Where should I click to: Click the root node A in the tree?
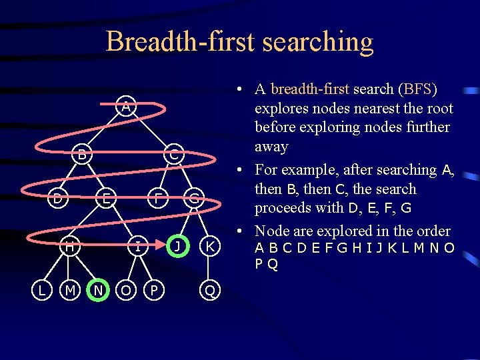(125, 105)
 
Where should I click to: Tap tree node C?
(173, 155)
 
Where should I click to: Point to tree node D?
(59, 197)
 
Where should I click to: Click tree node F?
(156, 197)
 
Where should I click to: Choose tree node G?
(193, 197)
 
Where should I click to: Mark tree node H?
(69, 246)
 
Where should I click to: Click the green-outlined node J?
(177, 246)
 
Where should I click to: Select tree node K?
(210, 246)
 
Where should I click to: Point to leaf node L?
(41, 290)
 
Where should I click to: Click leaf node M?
(69, 290)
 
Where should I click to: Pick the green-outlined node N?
(98, 290)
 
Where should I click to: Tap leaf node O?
(125, 290)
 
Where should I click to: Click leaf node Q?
(210, 290)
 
